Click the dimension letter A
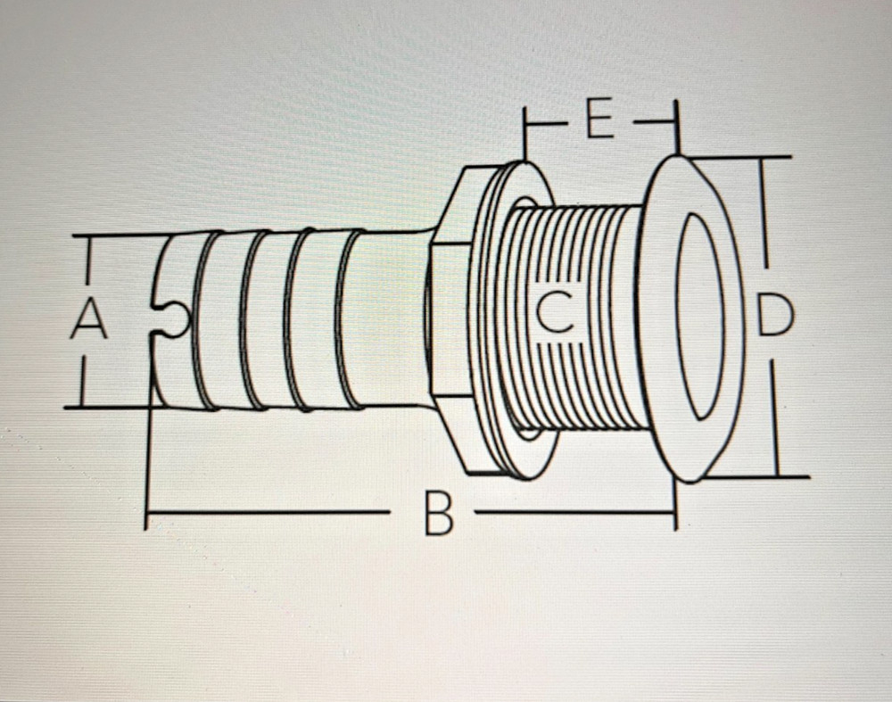89,319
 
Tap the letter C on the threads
557,313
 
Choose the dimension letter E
599,122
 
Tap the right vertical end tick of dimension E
676,125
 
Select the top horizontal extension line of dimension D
740,157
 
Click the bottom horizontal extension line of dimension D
758,477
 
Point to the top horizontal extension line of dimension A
116,236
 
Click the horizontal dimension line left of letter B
268,513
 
